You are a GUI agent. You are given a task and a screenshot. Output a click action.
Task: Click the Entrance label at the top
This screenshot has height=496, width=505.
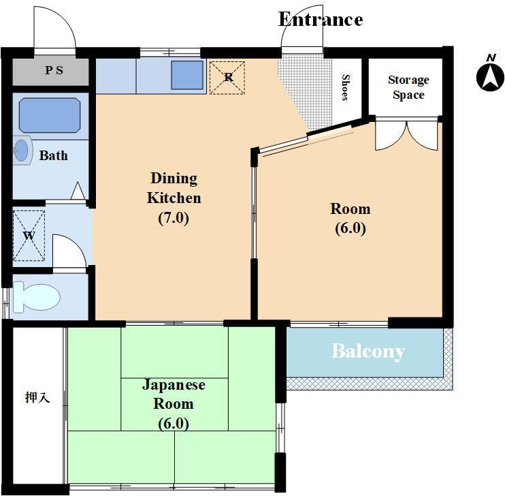point(321,19)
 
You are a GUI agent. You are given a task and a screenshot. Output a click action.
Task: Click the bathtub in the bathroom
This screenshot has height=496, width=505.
point(50,115)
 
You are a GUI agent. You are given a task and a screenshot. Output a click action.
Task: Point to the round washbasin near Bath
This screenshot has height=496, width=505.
point(22,151)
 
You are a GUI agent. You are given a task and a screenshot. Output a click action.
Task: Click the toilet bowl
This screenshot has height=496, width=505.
point(36,297)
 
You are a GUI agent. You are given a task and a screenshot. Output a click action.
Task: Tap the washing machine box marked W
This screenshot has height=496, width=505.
point(29,236)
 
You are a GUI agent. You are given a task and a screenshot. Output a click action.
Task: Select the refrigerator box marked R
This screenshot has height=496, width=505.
point(227,78)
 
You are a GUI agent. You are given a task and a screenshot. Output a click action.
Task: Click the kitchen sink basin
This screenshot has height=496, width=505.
point(187,75)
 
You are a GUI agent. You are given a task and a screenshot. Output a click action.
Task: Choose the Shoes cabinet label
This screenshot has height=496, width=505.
point(345,87)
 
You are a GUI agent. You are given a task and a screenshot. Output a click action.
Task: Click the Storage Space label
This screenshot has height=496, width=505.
point(408,87)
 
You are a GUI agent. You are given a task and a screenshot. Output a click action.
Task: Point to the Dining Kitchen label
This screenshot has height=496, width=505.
point(174,188)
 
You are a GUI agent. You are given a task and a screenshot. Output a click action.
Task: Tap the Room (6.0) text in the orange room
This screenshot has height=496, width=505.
point(351,219)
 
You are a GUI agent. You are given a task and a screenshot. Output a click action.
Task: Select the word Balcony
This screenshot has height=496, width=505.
point(368,352)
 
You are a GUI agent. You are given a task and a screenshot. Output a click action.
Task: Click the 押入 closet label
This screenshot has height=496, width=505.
point(37,397)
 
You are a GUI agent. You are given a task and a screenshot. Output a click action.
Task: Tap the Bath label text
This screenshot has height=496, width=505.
point(54,156)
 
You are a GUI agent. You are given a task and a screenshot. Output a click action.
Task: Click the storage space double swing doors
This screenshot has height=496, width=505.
point(407,135)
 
